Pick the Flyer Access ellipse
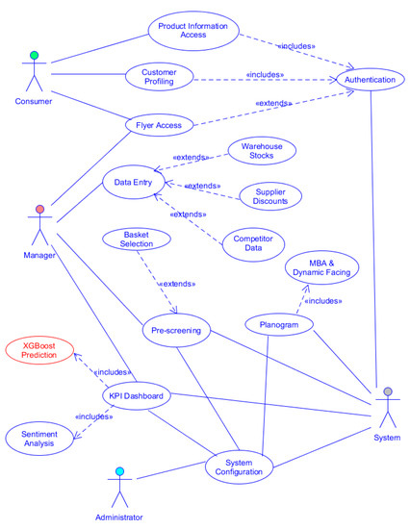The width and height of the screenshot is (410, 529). (160, 124)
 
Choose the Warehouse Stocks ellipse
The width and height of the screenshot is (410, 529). (262, 151)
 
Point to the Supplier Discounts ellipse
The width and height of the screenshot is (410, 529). (269, 196)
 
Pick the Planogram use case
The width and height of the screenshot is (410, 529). (280, 326)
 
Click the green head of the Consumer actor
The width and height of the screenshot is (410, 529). (34, 56)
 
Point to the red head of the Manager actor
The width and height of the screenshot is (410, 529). (40, 209)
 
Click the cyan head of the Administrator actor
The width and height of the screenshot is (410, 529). (119, 471)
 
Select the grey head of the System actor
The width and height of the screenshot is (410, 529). (387, 391)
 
